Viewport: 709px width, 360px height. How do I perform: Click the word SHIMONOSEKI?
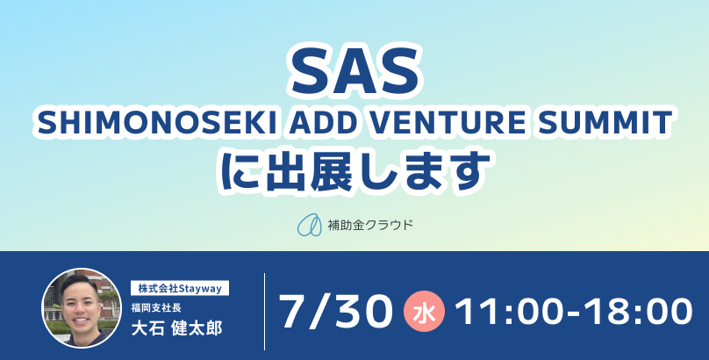coord(157,123)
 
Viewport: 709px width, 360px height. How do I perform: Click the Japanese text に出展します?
coord(355,171)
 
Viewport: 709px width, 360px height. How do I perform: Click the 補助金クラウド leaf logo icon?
coord(309,225)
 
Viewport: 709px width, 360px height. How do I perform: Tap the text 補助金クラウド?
coord(370,225)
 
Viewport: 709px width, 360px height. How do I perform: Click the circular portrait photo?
coord(82,308)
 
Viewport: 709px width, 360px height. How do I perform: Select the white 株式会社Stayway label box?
coord(180,288)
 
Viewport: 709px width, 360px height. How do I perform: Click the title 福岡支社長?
coord(156,308)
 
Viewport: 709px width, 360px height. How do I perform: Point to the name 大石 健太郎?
coord(176,328)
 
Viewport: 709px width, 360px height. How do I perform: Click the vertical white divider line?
coord(264,311)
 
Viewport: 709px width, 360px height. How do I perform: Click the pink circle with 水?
coord(424,311)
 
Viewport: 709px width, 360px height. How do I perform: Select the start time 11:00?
coord(515,311)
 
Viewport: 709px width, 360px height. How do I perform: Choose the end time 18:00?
coord(639,311)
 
